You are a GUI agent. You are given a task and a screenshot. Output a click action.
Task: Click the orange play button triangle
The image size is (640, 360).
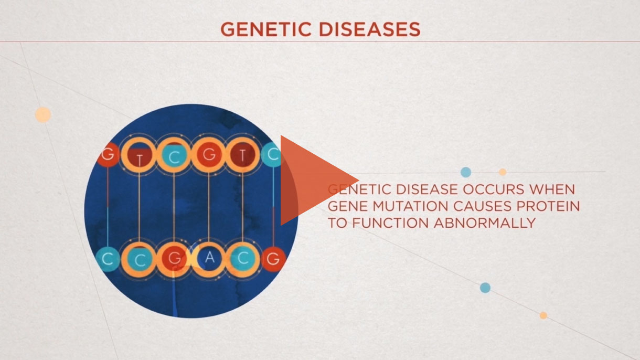pyautogui.click(x=312, y=181)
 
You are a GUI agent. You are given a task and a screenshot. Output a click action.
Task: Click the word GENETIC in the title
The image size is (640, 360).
pyautogui.click(x=266, y=29)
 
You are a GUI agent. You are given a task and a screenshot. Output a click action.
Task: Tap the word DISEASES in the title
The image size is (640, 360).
pyautogui.click(x=369, y=29)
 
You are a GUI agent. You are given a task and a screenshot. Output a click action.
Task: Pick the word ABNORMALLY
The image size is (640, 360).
pyautogui.click(x=485, y=223)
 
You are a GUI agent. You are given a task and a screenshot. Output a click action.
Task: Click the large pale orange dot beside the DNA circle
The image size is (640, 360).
pyautogui.click(x=43, y=115)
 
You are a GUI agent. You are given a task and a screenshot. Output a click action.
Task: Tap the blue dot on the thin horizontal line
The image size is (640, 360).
pyautogui.click(x=466, y=172)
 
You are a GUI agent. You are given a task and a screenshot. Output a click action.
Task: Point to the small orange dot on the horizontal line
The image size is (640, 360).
pyautogui.click(x=503, y=172)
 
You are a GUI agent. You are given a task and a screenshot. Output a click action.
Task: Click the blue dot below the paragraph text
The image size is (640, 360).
pyautogui.click(x=485, y=288)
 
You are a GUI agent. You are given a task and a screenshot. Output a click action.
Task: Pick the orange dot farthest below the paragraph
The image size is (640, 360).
pyautogui.click(x=543, y=315)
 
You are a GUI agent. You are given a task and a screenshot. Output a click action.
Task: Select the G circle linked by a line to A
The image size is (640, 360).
pyautogui.click(x=209, y=155)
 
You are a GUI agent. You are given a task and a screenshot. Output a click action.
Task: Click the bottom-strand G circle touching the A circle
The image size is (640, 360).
pyautogui.click(x=174, y=259)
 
